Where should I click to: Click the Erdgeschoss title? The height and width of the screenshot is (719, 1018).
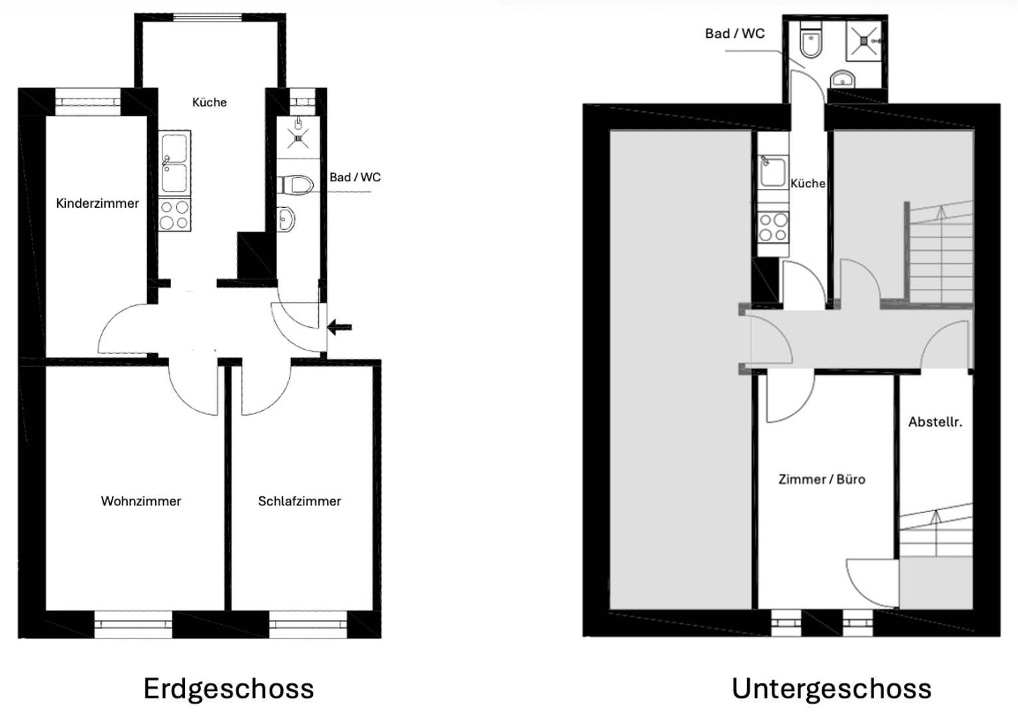tap(228, 688)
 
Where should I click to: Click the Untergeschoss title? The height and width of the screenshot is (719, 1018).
tap(831, 688)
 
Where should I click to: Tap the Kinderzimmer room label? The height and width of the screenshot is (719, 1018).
tap(97, 203)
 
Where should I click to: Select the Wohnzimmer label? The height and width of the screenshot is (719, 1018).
tap(140, 501)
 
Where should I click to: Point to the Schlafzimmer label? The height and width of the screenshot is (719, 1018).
tap(299, 501)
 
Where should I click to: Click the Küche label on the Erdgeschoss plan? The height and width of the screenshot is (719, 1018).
tap(209, 102)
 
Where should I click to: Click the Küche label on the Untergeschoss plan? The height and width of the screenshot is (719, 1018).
tap(808, 183)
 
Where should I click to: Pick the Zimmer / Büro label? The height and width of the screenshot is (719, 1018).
tap(822, 479)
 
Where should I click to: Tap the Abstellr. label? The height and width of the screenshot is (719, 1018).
tap(935, 421)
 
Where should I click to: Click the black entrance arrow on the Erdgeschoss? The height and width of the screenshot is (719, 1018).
tap(340, 327)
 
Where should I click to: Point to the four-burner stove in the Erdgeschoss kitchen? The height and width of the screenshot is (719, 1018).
tap(175, 214)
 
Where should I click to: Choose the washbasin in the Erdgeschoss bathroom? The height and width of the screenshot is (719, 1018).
tap(287, 218)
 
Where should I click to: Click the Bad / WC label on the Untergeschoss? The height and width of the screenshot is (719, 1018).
tap(734, 33)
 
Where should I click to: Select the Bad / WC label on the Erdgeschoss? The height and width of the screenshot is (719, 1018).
tap(355, 177)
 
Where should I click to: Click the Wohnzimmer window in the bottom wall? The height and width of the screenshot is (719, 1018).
tap(133, 624)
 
